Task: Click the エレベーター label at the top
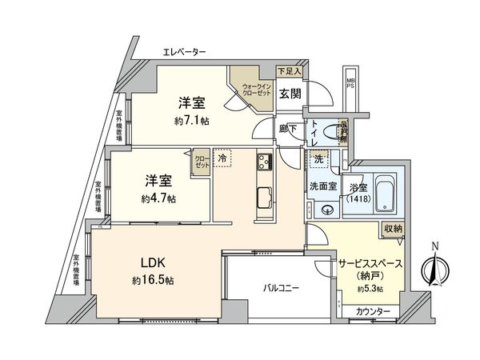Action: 185,53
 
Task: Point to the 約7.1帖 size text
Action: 192,121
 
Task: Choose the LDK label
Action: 154,262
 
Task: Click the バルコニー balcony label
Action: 278,286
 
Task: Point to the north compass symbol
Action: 434,269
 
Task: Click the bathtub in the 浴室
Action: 386,193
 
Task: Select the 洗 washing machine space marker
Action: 318,158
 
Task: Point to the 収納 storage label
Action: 392,230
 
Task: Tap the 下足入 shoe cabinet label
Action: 290,71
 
